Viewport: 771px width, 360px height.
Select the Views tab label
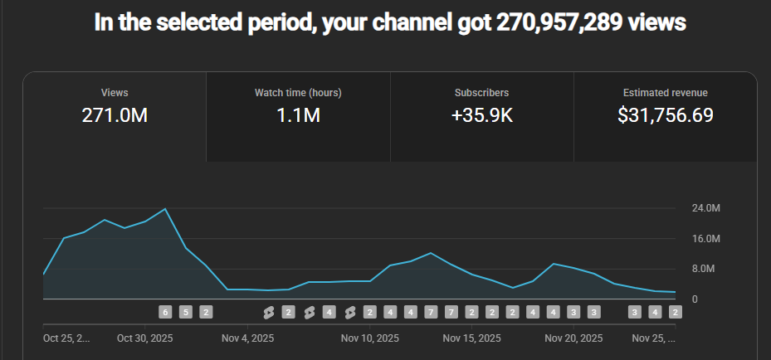pos(115,93)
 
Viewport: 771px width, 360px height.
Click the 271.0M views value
pos(115,116)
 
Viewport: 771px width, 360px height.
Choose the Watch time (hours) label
pos(298,93)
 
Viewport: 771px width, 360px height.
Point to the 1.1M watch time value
pos(298,116)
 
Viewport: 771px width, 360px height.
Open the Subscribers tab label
pos(481,93)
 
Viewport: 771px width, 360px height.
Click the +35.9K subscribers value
pos(481,116)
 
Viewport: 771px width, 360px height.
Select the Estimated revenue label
pos(665,93)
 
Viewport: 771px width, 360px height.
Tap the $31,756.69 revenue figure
pos(665,116)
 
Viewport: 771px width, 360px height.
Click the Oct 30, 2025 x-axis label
pos(145,338)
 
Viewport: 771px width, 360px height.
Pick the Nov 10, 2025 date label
pos(369,338)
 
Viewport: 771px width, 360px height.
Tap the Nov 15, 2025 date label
pos(471,338)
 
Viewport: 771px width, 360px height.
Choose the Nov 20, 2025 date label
pos(573,338)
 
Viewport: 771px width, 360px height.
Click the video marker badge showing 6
pos(165,312)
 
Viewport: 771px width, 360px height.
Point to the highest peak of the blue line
pos(165,209)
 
